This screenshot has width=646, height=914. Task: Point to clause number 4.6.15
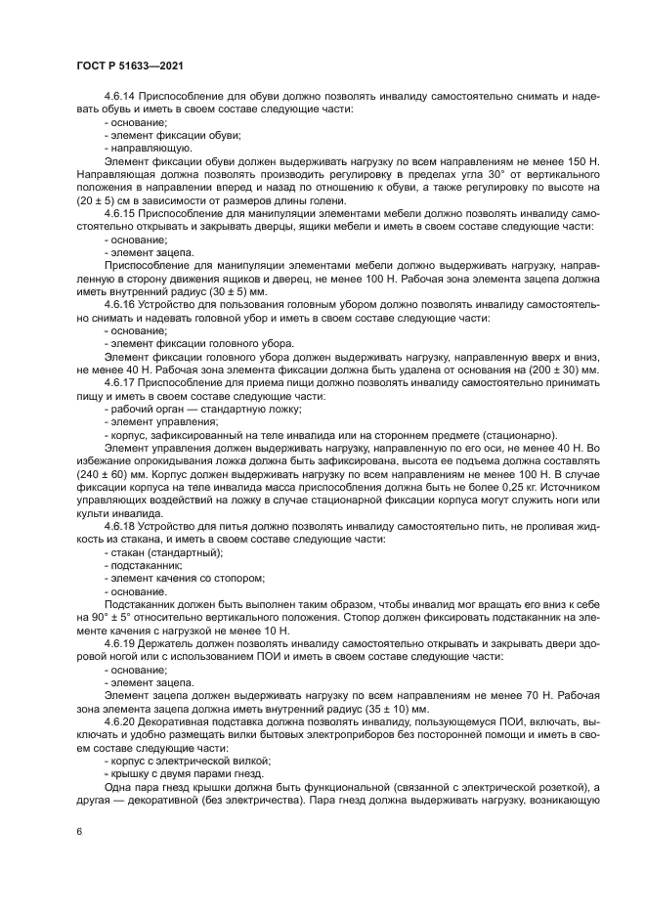[x=122, y=212]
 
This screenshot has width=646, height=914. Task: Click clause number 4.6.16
[x=122, y=305]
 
